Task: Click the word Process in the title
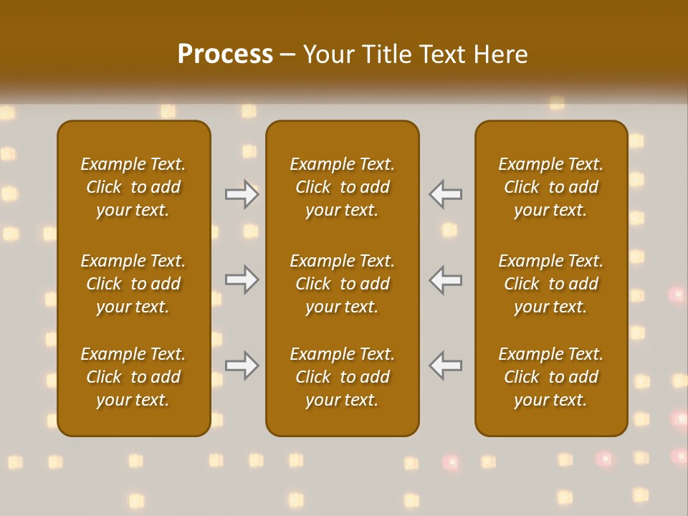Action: [225, 54]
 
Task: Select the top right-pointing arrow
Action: [242, 194]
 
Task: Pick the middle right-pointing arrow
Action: [242, 279]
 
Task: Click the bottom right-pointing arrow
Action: [242, 365]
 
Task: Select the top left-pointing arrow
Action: [446, 194]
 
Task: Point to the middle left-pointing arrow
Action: [446, 279]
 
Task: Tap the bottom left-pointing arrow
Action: [446, 365]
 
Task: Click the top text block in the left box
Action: [133, 187]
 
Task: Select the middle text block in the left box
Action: [133, 284]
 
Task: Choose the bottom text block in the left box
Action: [133, 377]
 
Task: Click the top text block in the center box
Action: [343, 187]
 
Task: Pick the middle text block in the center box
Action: [343, 284]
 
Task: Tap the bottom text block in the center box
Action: [343, 377]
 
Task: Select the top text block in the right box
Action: [551, 187]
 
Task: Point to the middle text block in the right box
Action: [551, 284]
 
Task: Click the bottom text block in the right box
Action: [551, 377]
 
